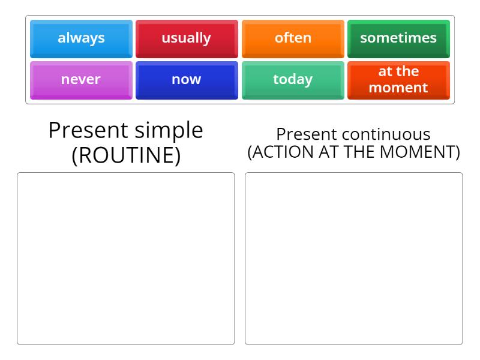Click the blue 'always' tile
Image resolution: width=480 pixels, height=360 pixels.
(81, 38)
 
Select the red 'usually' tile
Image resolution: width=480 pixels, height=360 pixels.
(187, 38)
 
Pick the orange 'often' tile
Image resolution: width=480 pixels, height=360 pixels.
(293, 38)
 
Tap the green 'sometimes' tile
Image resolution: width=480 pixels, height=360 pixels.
(398, 38)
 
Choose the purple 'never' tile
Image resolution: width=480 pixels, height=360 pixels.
(81, 79)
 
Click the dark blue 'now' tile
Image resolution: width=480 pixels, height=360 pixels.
(187, 79)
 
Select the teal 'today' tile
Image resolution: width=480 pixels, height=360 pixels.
(293, 79)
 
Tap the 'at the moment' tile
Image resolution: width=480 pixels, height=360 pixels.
(398, 79)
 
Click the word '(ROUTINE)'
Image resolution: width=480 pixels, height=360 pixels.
(126, 155)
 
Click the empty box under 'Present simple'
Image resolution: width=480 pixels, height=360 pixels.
(126, 259)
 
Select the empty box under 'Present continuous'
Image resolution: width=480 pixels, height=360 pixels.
(354, 259)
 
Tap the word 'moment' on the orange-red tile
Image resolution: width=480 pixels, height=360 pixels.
(398, 88)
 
